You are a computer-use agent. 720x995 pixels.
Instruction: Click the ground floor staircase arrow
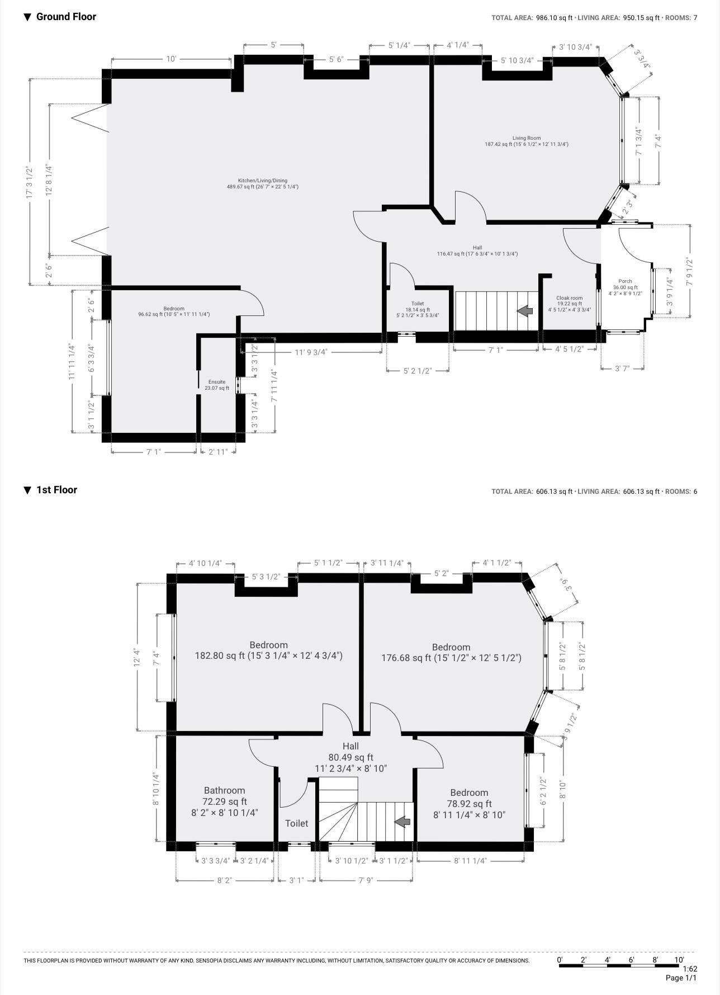tap(524, 311)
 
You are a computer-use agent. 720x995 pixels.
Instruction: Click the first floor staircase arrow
tap(402, 822)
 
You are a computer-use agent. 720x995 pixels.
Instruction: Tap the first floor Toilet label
tap(296, 823)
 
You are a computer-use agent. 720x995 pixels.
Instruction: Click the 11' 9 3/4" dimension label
tap(311, 352)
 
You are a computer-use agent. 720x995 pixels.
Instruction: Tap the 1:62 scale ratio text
tap(690, 969)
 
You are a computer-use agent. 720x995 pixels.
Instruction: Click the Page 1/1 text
tap(681, 978)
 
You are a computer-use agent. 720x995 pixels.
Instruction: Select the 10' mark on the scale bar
tap(679, 959)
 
